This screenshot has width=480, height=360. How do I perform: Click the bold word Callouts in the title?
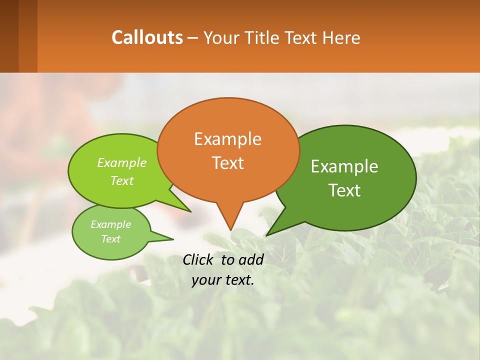click(x=147, y=37)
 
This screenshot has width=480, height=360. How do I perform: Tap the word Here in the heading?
click(x=341, y=37)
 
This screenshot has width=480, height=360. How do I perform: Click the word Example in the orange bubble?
click(x=227, y=139)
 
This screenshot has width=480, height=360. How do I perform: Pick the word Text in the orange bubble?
click(x=227, y=163)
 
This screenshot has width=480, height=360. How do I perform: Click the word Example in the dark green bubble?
click(x=344, y=166)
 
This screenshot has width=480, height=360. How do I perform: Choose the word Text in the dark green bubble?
click(x=344, y=190)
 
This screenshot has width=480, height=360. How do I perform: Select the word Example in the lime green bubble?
click(x=122, y=162)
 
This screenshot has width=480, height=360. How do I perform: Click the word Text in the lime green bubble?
click(x=122, y=180)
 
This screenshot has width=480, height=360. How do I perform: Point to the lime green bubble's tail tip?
click(x=190, y=211)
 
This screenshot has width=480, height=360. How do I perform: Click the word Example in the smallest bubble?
click(x=110, y=224)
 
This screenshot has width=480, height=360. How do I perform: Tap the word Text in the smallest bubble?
click(x=110, y=238)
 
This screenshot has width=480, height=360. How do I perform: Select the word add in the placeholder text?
click(x=251, y=259)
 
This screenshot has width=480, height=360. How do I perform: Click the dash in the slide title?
click(x=193, y=38)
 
